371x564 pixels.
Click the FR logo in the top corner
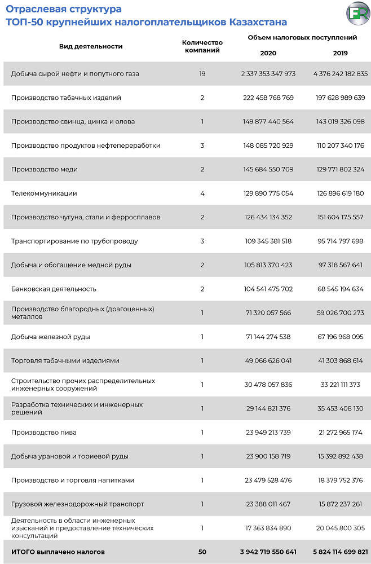pyautogui.click(x=357, y=14)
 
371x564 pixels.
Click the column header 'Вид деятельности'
pyautogui.click(x=91, y=46)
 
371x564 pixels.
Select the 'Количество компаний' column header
pyautogui.click(x=202, y=46)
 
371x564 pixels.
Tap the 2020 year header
pyautogui.click(x=268, y=53)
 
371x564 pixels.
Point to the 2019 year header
pyautogui.click(x=340, y=53)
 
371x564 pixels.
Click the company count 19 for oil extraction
pyautogui.click(x=202, y=74)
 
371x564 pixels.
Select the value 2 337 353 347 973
pyautogui.click(x=268, y=74)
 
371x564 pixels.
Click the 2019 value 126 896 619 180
pyautogui.click(x=340, y=193)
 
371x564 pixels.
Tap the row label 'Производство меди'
pyautogui.click(x=45, y=170)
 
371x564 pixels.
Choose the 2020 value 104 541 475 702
pyautogui.click(x=268, y=289)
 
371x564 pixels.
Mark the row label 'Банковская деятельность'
pyautogui.click(x=54, y=289)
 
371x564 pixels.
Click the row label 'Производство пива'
pyautogui.click(x=44, y=433)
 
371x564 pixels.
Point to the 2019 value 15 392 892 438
pyautogui.click(x=340, y=456)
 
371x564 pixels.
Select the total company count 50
pyautogui.click(x=202, y=552)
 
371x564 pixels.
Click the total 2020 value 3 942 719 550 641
pyautogui.click(x=268, y=552)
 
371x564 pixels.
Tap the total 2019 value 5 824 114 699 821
pyautogui.click(x=340, y=552)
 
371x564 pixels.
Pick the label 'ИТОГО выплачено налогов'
pyautogui.click(x=58, y=552)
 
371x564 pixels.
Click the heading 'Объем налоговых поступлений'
pyautogui.click(x=302, y=38)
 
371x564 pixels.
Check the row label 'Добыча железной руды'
pyautogui.click(x=51, y=337)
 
